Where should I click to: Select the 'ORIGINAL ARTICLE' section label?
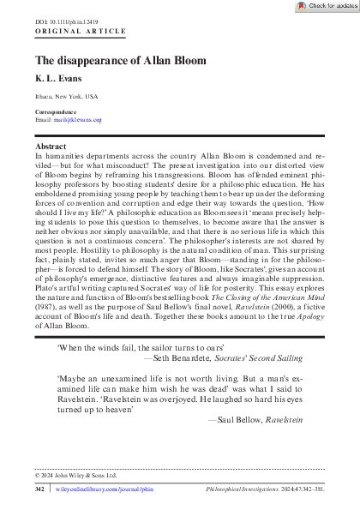(x=69, y=30)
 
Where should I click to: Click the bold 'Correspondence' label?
(x=56, y=112)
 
